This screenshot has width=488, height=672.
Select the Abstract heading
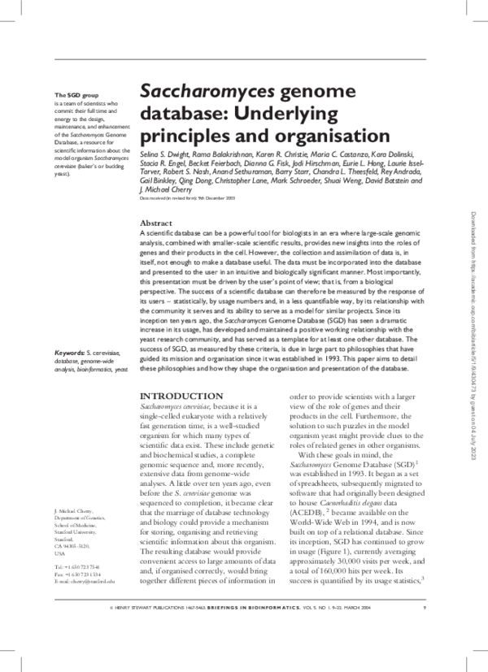click(x=155, y=222)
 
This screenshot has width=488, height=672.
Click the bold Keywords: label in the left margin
click(x=69, y=352)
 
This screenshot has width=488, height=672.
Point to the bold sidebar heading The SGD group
click(x=72, y=96)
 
